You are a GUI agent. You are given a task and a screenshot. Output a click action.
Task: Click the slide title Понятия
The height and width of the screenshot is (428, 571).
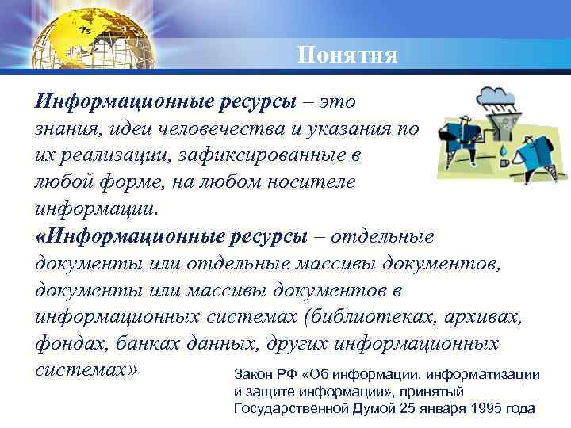[347, 55]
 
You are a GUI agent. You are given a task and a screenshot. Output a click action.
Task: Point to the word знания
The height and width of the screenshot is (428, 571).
[63, 128]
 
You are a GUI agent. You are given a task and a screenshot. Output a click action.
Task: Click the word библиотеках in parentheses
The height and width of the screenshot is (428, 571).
[376, 317]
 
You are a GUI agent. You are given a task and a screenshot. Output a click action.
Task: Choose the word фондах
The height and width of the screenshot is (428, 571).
[67, 345]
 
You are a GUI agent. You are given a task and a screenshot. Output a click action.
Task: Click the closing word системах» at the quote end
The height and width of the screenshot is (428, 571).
[86, 371]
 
